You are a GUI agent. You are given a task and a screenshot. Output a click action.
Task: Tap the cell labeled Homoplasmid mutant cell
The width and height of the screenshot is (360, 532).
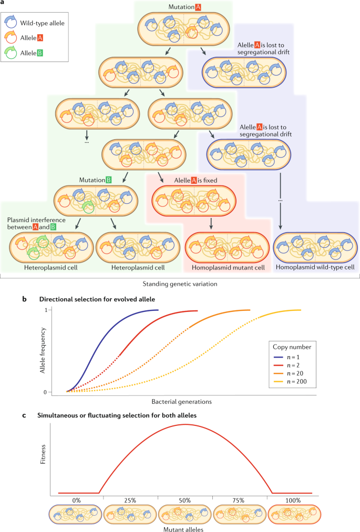point(228,243)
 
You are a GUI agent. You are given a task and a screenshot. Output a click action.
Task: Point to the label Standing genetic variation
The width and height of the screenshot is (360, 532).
point(179,284)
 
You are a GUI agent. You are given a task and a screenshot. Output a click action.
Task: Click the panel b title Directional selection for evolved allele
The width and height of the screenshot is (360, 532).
point(104,299)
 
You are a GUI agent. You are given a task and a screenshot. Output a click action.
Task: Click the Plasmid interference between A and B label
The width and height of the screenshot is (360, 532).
point(36,223)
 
